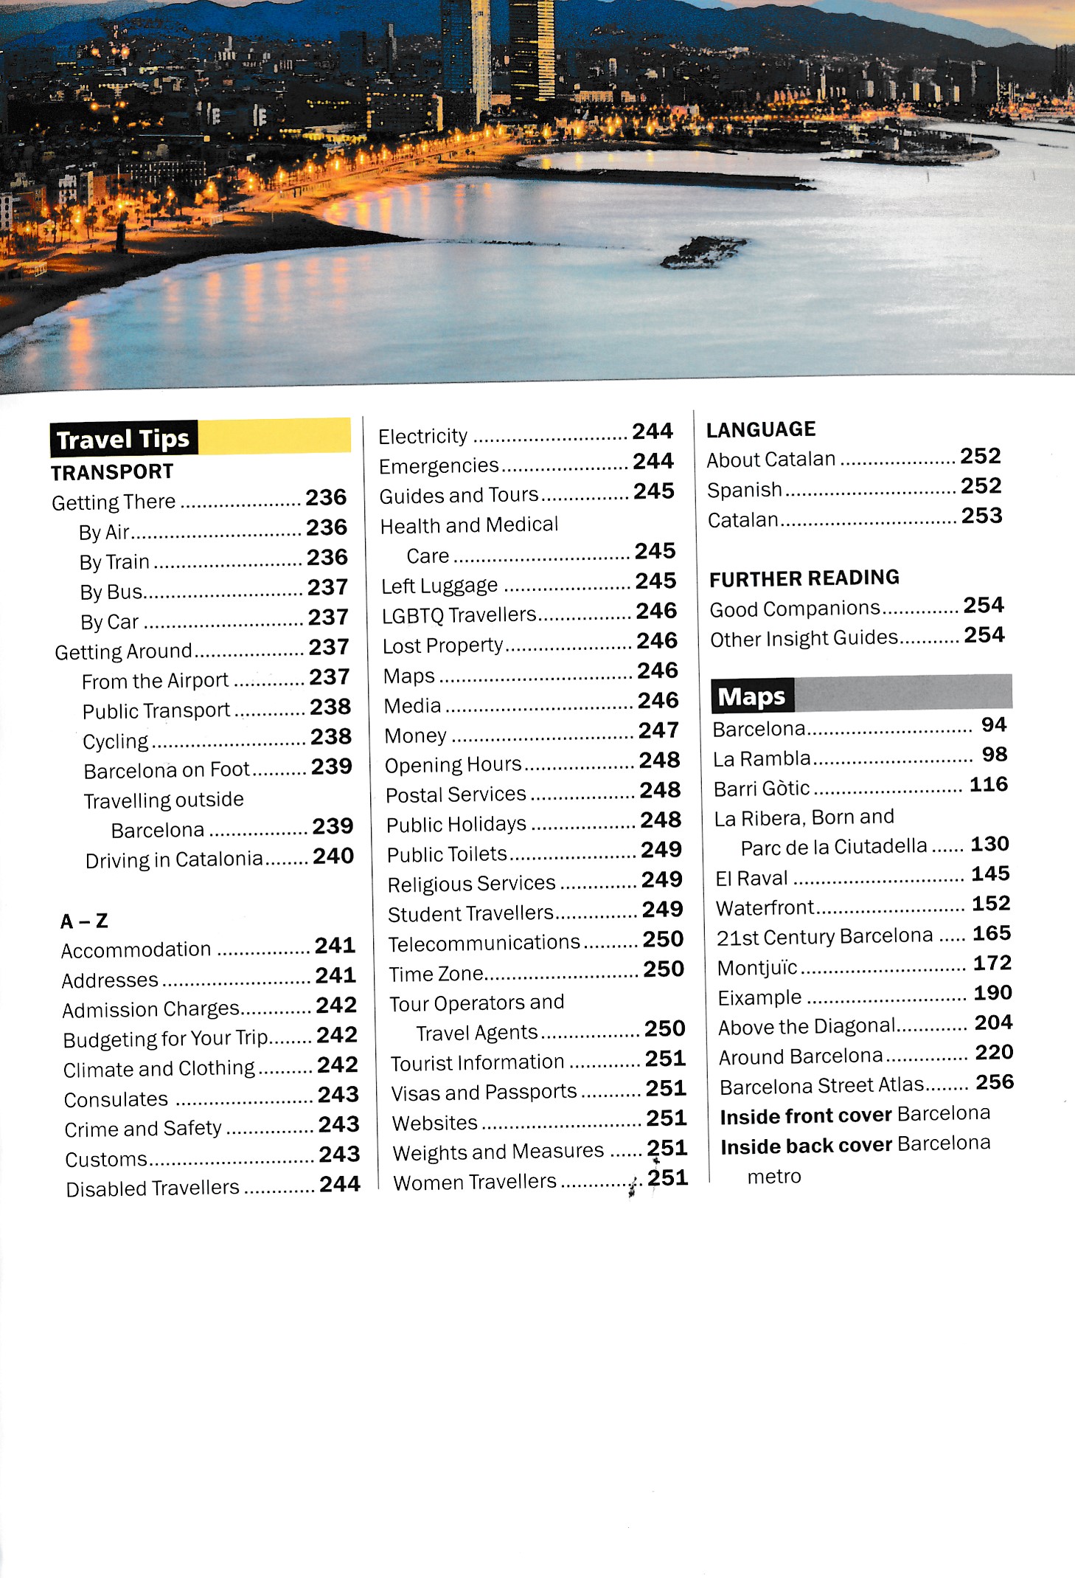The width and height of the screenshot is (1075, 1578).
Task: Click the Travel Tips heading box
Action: point(123,439)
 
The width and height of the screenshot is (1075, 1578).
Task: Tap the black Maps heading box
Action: point(752,696)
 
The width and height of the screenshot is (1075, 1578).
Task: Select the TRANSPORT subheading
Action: point(112,471)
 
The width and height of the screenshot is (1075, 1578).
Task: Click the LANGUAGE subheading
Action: point(761,429)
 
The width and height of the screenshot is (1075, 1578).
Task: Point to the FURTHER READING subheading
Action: point(804,578)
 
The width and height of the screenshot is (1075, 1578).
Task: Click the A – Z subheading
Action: point(84,921)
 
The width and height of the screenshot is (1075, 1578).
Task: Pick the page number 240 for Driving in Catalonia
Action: point(333,856)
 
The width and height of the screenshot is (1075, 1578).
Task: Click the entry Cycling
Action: point(116,741)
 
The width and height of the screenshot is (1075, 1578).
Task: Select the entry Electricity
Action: point(422,436)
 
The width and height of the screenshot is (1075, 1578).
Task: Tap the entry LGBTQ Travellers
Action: point(459,615)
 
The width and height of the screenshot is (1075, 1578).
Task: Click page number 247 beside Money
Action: point(658,730)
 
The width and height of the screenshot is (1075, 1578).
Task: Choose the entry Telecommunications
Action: point(484,942)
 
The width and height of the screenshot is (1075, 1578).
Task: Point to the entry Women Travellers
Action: point(475,1182)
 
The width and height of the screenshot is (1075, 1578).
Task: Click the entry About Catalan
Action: point(771,459)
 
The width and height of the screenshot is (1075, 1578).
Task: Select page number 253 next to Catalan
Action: point(981,516)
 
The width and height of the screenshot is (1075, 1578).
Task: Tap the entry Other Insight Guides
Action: point(804,638)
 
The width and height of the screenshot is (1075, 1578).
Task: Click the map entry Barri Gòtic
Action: point(762,788)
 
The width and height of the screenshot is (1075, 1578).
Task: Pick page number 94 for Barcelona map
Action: point(993,724)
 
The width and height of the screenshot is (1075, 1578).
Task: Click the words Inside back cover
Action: point(807,1146)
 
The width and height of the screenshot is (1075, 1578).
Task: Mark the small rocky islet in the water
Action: point(703,251)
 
